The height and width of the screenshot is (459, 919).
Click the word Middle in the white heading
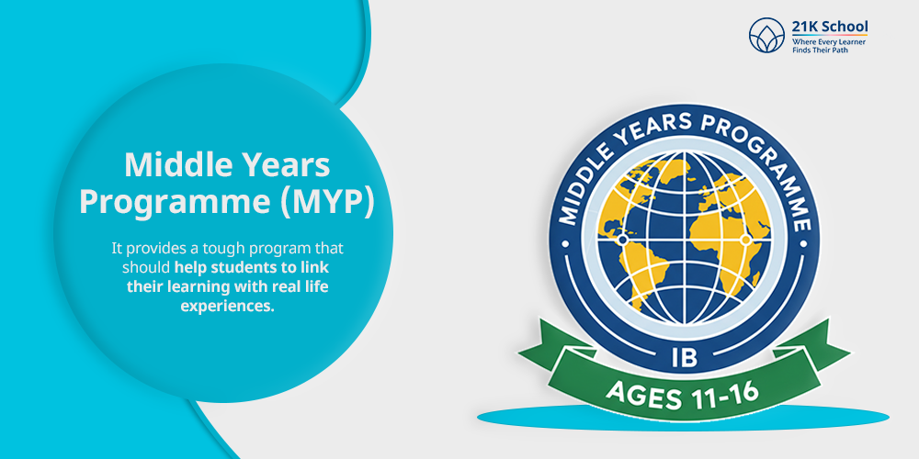coord(173,165)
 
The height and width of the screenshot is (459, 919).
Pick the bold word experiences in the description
coord(226,307)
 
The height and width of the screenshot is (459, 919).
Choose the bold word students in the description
coord(250,268)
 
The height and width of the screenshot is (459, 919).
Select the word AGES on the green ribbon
coord(642,394)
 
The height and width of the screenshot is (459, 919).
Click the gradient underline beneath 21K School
coord(830,35)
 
